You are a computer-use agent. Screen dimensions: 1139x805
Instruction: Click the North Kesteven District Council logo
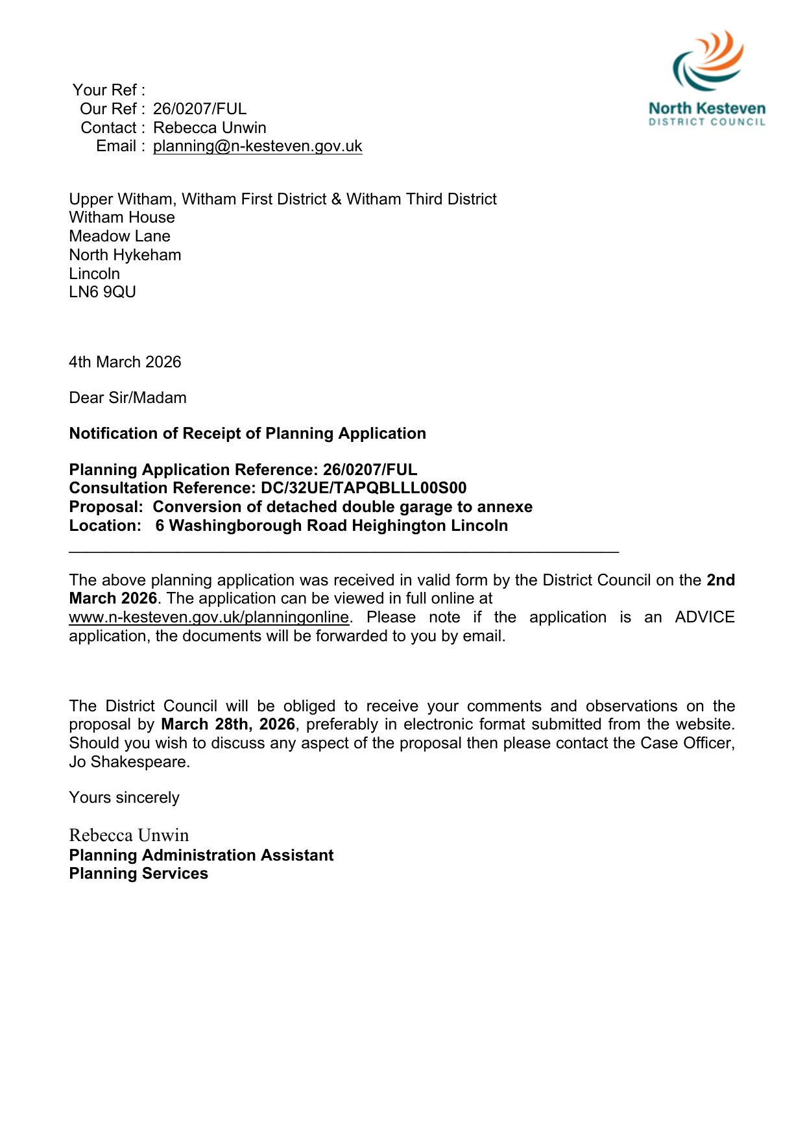[707, 78]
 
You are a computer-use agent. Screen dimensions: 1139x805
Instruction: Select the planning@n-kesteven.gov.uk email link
[258, 147]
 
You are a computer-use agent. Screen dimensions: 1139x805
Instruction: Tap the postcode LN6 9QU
[102, 293]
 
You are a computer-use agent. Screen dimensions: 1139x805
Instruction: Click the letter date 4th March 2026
[125, 362]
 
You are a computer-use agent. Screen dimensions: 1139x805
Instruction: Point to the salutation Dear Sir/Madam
[128, 398]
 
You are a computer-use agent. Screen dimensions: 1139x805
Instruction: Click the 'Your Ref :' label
[109, 90]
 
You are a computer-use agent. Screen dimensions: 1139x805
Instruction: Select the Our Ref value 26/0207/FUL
[200, 109]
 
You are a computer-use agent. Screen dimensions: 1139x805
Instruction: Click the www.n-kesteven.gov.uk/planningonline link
[209, 617]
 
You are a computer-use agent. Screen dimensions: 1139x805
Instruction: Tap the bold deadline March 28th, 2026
[228, 724]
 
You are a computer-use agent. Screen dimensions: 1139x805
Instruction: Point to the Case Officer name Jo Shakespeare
[128, 762]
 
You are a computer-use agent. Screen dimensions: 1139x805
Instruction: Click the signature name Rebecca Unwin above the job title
[129, 835]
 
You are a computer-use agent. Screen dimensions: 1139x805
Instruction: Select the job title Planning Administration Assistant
[201, 855]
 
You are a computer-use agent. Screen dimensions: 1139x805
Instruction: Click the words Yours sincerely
[124, 798]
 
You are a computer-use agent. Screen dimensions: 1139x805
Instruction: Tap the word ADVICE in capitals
[704, 617]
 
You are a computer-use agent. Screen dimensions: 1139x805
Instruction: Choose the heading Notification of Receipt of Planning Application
[247, 434]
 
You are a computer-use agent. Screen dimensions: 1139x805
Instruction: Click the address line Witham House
[122, 217]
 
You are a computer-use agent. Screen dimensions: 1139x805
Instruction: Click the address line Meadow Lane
[119, 236]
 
